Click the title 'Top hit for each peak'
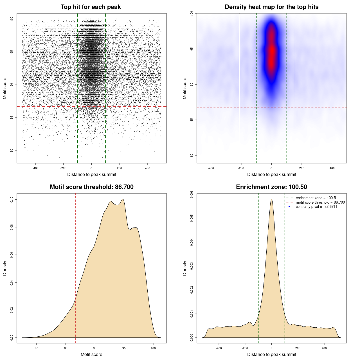pyautogui.click(x=91, y=7)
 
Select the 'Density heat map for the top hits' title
pyautogui.click(x=271, y=7)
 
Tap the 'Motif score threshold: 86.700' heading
pyautogui.click(x=91, y=187)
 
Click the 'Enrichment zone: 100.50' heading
pyautogui.click(x=271, y=187)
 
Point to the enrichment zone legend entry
pyautogui.click(x=316, y=198)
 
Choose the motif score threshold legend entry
pyautogui.click(x=320, y=202)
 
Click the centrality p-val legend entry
pyautogui.click(x=316, y=207)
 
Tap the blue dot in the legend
pyautogui.click(x=289, y=207)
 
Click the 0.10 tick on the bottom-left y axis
pyautogui.click(x=12, y=200)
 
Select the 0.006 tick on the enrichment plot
pyautogui.click(x=192, y=194)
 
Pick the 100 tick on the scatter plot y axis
pyautogui.click(x=12, y=19)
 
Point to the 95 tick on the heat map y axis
pyautogui.click(x=192, y=49)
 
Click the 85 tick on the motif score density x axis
pyautogui.click(x=66, y=348)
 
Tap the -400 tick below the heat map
pyautogui.click(x=211, y=168)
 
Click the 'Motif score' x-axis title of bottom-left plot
pyautogui.click(x=91, y=354)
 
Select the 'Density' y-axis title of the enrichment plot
pyautogui.click(x=185, y=268)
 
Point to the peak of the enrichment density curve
pyautogui.click(x=271, y=199)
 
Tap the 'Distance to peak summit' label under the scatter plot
pyautogui.click(x=92, y=174)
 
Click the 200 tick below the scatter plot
pyautogui.click(x=120, y=168)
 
